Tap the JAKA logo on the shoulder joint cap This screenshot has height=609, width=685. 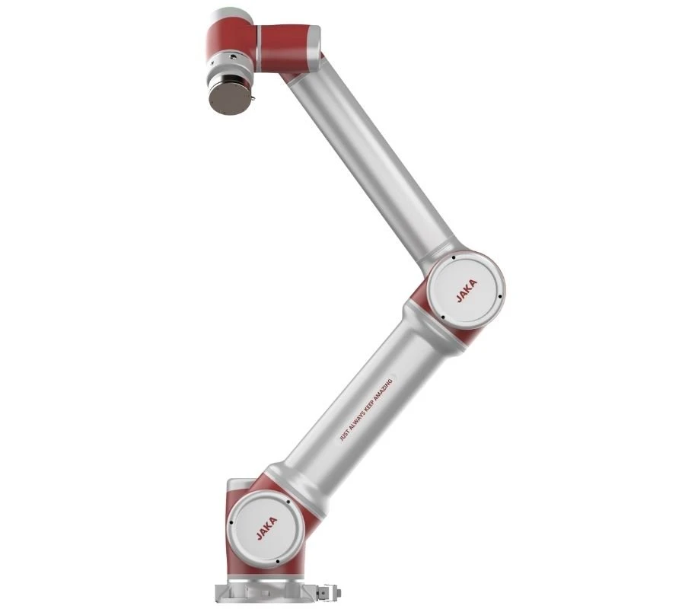tap(267, 528)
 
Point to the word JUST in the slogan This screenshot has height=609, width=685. tap(344, 437)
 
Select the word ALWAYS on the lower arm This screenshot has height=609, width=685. tap(354, 424)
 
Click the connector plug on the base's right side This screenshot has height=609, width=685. tap(328, 591)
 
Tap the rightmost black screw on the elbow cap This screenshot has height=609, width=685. tap(500, 297)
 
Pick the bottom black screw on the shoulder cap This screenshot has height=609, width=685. tap(278, 563)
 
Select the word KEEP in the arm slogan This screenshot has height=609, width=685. tap(365, 410)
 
